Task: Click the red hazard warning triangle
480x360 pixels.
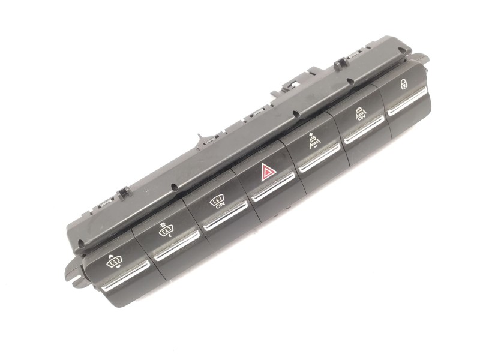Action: tap(265, 173)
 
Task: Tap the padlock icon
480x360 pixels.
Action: tap(404, 84)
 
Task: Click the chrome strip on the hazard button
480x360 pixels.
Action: tap(274, 187)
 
